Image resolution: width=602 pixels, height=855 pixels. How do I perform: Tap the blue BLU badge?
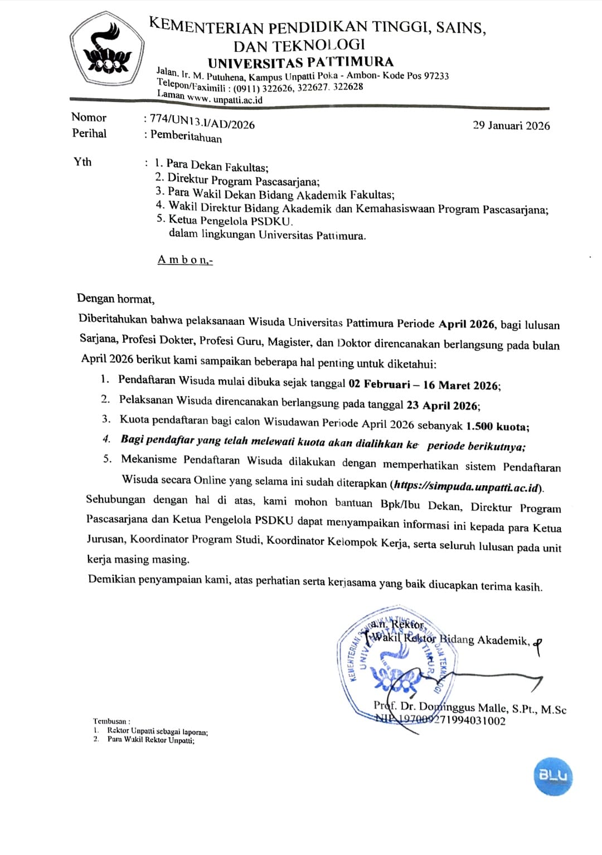point(552,775)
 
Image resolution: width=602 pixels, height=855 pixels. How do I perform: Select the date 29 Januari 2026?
point(511,125)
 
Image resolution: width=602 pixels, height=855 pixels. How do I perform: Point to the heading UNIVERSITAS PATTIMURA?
point(301,62)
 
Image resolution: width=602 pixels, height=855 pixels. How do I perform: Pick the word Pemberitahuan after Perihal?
point(186,136)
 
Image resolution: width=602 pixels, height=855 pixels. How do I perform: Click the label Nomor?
point(89,118)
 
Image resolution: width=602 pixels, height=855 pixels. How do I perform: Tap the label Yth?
point(82,162)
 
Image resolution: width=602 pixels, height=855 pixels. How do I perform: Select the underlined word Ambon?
point(185,260)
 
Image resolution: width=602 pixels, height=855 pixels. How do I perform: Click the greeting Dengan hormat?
point(115,299)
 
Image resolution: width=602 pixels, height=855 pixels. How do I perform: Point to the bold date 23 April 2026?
point(443,405)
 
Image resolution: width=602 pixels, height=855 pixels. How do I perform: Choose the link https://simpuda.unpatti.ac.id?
point(467,487)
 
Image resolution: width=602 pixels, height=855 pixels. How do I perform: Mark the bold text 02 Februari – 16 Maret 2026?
point(424,385)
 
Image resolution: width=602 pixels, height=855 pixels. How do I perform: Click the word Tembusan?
point(111,721)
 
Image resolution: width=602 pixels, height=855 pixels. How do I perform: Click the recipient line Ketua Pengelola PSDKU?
point(230,221)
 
